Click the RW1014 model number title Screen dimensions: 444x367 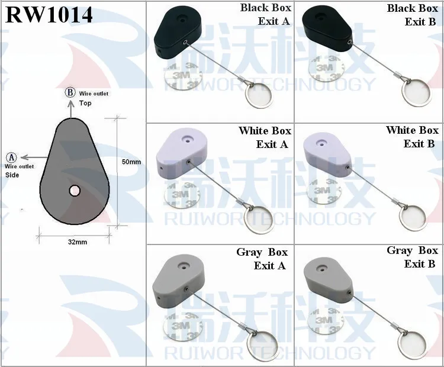49,14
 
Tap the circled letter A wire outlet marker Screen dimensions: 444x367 12,157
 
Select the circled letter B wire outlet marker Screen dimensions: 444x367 70,92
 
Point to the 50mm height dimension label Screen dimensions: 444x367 131,162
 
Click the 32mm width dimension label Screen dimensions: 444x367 78,242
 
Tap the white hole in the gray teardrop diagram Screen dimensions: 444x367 75,191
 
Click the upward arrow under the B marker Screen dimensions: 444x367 70,108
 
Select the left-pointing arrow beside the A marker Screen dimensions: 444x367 34,157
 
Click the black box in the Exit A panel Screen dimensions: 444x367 178,33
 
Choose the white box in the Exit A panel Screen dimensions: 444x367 182,156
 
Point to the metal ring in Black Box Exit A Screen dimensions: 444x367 259,95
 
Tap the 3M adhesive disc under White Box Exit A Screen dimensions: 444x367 182,194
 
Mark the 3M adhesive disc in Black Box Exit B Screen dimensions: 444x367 326,67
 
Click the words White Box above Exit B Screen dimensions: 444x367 411,130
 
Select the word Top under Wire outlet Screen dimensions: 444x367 85,103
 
